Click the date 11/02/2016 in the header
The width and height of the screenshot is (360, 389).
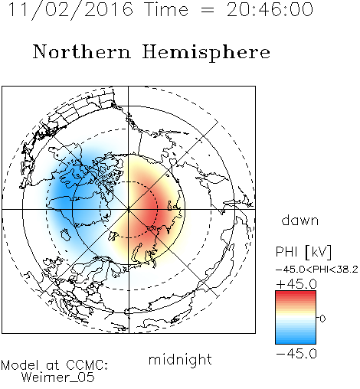(x=70, y=10)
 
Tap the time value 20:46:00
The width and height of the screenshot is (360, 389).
(x=270, y=10)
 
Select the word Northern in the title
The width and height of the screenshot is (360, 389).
(x=82, y=51)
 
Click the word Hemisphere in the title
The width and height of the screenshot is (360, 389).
(x=206, y=52)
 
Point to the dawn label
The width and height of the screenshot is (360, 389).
(x=300, y=220)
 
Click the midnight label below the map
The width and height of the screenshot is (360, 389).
(x=180, y=360)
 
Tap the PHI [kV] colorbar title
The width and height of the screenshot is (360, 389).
(x=303, y=252)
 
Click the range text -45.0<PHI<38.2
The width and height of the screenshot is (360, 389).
(x=317, y=270)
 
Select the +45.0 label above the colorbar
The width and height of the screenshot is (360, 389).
(x=296, y=284)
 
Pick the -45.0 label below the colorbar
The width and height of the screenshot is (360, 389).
(x=296, y=354)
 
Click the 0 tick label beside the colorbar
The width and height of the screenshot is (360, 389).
(x=322, y=319)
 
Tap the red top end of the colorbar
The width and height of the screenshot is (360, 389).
(x=296, y=293)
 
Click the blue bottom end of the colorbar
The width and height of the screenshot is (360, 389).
(x=296, y=342)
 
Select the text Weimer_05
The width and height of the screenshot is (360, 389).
(x=58, y=378)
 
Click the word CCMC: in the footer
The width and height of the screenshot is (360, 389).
(x=87, y=365)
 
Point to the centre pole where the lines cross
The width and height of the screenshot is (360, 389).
(x=129, y=210)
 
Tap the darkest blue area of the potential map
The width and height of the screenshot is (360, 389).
(x=65, y=190)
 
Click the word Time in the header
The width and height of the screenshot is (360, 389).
(x=166, y=10)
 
